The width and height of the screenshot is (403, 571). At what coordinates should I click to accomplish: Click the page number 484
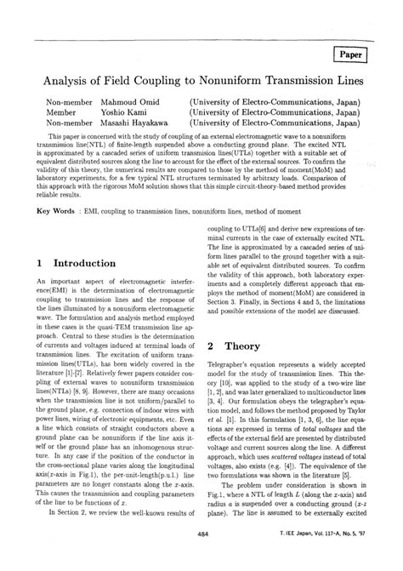pos(201,557)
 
